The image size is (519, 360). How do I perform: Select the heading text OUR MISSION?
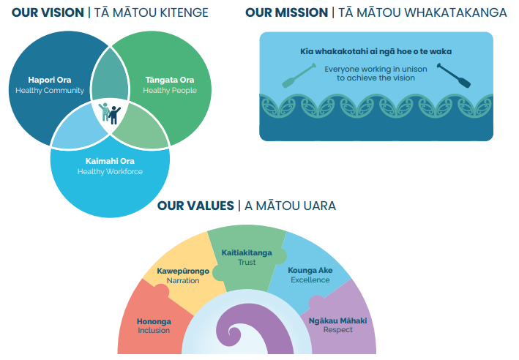coord(287,12)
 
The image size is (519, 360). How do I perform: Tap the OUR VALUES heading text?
coord(195,206)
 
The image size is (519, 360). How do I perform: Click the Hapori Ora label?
coord(49,80)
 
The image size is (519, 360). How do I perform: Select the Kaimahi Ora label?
coord(110,161)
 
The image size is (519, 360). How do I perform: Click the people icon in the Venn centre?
coord(110,113)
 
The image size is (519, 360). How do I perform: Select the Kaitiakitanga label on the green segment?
coord(247,252)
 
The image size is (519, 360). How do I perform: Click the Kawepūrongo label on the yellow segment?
coord(183,271)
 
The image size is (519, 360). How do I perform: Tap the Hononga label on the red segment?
coord(154,320)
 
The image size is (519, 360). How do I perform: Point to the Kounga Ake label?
coord(310,270)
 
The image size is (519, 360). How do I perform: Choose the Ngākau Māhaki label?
coord(338,320)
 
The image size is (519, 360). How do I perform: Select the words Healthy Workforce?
coord(110,172)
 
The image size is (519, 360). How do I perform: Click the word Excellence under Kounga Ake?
coord(310,280)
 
